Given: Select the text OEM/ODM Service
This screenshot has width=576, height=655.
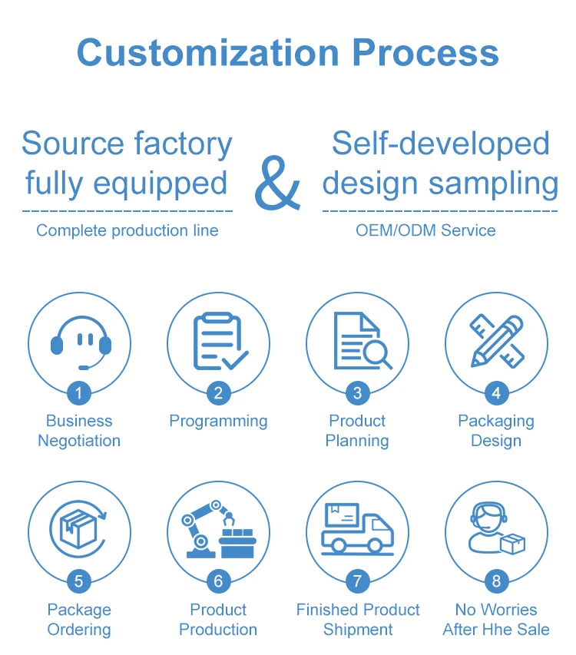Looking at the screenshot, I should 425,230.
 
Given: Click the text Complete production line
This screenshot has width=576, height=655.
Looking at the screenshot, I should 127,230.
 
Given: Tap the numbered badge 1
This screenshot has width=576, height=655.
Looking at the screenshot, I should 79,394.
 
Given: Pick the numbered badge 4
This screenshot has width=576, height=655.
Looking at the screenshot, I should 496,394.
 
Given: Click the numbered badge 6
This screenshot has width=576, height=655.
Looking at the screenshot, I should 218,581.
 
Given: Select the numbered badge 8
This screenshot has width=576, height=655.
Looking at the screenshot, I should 496,581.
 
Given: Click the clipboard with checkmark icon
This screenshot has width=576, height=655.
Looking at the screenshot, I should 219,341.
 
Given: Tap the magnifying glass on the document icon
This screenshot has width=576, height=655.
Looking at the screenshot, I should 377,354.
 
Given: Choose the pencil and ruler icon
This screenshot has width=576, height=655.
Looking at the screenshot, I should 497,340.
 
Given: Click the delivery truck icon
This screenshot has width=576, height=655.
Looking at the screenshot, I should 357,528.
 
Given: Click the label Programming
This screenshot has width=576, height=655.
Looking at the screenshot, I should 218,421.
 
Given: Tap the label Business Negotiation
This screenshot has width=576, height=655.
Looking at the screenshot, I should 79,431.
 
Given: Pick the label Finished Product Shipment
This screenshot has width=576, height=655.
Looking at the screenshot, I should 358,620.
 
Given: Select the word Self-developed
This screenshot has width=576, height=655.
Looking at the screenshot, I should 440,144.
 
